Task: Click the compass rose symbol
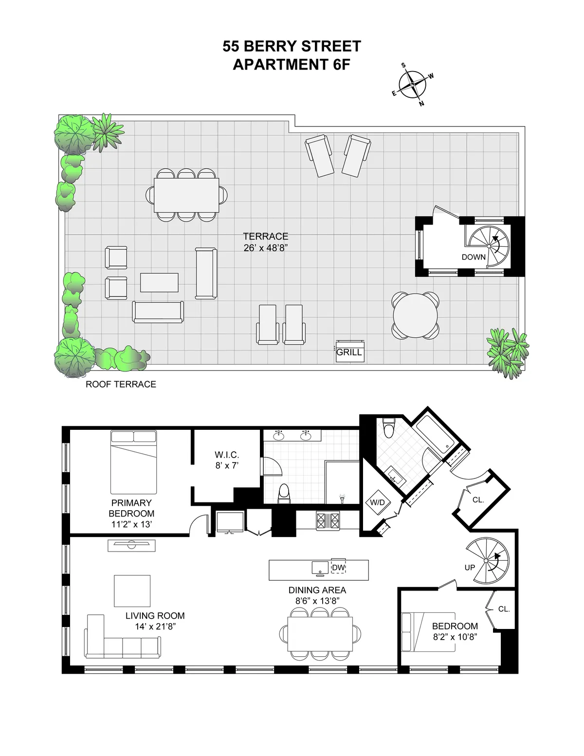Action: pos(412,85)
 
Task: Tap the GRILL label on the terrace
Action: pos(349,352)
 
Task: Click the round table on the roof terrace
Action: pos(416,315)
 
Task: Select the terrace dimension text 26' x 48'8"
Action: pos(266,248)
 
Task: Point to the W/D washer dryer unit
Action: pos(378,502)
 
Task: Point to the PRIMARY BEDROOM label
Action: pos(131,508)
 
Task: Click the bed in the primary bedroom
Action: pos(134,462)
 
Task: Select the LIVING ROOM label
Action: pos(155,616)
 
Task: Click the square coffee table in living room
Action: pos(132,590)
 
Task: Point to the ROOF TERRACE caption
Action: pos(121,384)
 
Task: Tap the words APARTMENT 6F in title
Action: pos(292,64)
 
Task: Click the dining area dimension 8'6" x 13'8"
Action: pos(317,601)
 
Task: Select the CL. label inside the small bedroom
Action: pos(504,609)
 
